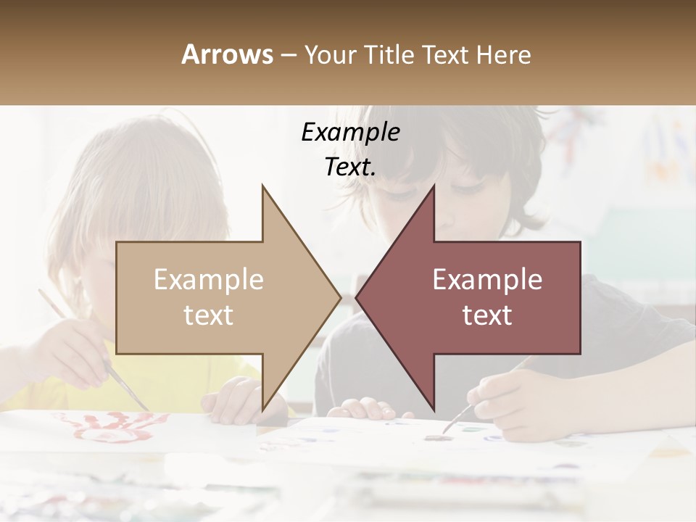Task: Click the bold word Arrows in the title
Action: [228, 54]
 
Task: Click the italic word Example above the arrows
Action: [350, 133]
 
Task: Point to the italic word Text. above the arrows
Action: [350, 167]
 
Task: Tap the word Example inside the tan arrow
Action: [209, 279]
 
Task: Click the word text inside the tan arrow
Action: [209, 315]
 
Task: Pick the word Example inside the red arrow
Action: [487, 279]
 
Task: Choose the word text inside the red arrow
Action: [487, 315]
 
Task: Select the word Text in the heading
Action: [444, 54]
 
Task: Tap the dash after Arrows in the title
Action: [287, 55]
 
